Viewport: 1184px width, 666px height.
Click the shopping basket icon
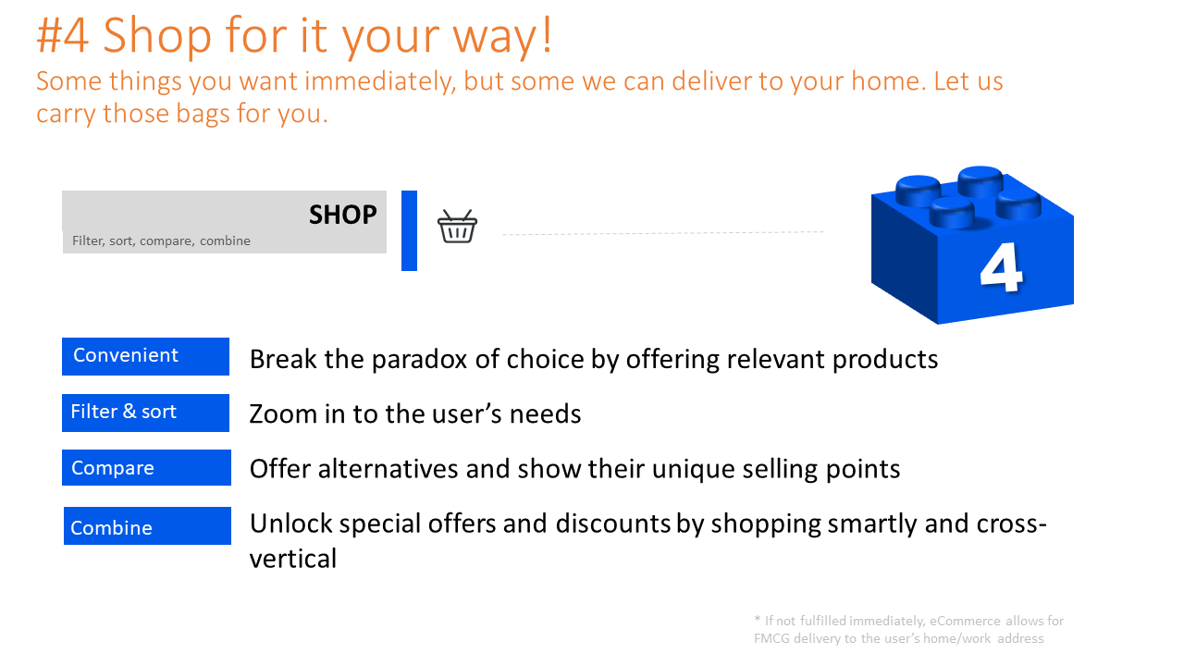coord(457,227)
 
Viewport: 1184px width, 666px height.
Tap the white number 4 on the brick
coord(1001,267)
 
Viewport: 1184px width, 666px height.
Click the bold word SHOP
coord(342,215)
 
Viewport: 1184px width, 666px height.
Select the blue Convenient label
coord(145,356)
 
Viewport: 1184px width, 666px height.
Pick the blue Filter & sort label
coord(145,413)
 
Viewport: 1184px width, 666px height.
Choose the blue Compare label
coord(146,468)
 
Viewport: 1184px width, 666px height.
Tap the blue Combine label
coord(147,526)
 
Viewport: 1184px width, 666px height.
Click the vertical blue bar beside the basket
coord(409,230)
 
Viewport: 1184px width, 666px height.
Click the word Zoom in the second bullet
coord(282,413)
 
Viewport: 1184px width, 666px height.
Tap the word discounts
coord(613,524)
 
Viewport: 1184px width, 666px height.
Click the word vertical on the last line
coord(293,559)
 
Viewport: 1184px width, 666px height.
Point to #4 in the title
coord(62,35)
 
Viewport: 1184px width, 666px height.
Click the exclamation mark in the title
coord(547,34)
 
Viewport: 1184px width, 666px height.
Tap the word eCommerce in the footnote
coord(965,621)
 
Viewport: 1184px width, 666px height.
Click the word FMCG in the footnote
coord(771,638)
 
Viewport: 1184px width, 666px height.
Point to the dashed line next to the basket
coord(663,232)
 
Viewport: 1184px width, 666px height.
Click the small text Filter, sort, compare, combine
coord(161,241)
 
